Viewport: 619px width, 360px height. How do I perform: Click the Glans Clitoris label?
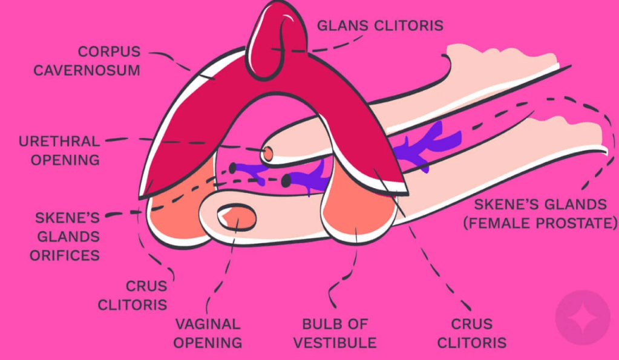point(381,25)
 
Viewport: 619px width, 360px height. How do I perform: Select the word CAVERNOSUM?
point(87,70)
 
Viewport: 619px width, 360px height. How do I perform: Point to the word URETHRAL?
point(59,142)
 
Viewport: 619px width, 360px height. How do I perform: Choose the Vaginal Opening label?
point(208,333)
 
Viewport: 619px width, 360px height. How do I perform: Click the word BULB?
point(317,324)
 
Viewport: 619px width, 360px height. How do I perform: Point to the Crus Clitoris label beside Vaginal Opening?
point(133,295)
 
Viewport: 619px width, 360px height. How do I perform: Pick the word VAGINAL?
point(208,324)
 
